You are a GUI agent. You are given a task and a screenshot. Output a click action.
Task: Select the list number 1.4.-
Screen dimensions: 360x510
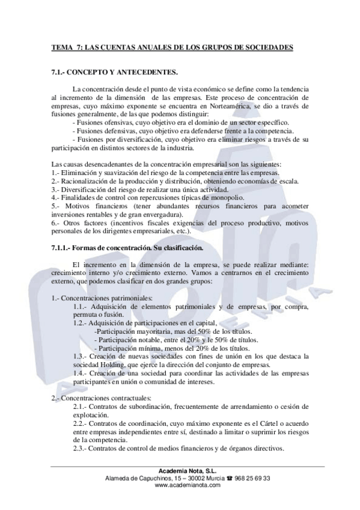click(x=83, y=373)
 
